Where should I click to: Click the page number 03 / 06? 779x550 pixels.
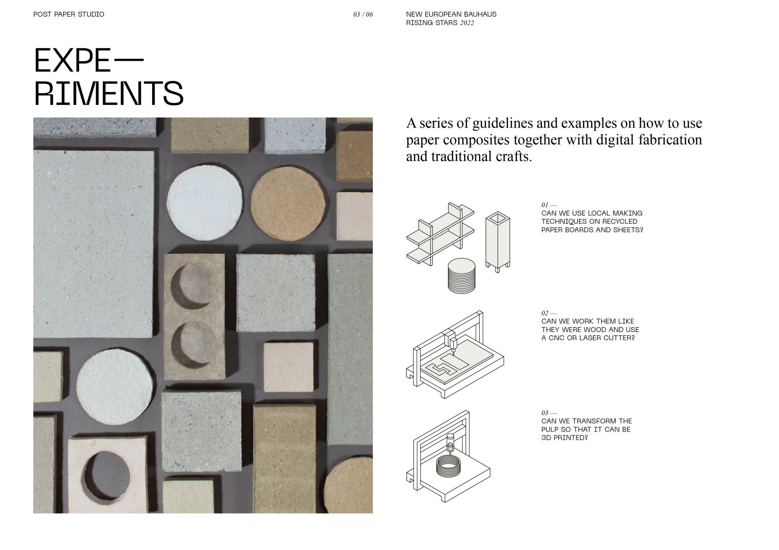(x=363, y=15)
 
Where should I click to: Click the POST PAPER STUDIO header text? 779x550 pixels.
(x=69, y=14)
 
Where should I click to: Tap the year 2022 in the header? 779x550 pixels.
(x=467, y=23)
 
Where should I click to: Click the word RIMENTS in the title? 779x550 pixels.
(x=109, y=93)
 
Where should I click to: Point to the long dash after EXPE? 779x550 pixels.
(x=129, y=60)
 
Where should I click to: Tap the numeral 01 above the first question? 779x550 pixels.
(x=544, y=205)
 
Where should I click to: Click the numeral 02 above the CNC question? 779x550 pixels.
(x=544, y=313)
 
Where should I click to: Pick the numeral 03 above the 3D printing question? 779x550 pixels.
(x=544, y=413)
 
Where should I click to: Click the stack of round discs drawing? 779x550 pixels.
(x=461, y=276)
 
